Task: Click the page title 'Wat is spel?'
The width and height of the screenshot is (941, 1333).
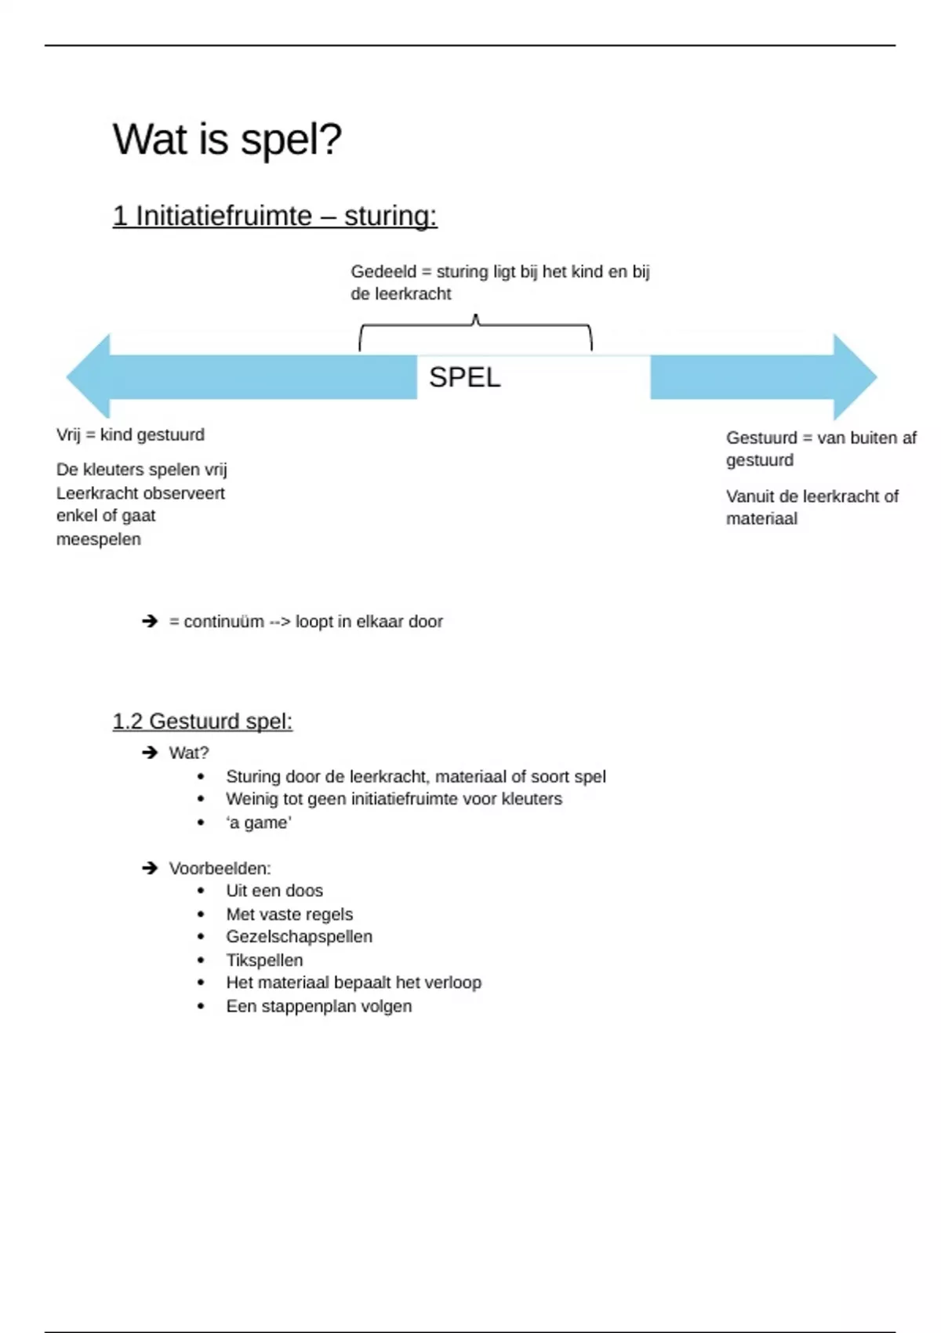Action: (x=227, y=140)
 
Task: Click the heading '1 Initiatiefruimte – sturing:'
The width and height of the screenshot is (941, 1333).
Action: (x=274, y=216)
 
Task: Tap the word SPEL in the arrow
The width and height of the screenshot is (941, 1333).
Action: (x=464, y=377)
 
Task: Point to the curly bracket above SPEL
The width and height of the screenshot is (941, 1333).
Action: (x=475, y=329)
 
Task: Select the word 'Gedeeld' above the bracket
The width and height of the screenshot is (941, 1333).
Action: (x=383, y=272)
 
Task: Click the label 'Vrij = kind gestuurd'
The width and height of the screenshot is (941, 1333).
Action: (x=130, y=435)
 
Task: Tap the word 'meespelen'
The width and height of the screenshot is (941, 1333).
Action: (x=99, y=539)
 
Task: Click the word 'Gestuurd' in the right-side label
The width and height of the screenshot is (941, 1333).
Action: (x=761, y=438)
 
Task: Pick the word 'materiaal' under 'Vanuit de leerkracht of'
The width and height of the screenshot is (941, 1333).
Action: (x=761, y=519)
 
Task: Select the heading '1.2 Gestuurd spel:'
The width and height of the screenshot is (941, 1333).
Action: (x=202, y=721)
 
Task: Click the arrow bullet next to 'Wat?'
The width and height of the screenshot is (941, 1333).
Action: (x=150, y=753)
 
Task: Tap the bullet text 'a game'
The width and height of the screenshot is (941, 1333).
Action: (x=259, y=823)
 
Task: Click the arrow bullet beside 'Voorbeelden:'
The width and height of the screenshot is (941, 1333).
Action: (x=150, y=868)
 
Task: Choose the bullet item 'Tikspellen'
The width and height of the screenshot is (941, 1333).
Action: (x=264, y=961)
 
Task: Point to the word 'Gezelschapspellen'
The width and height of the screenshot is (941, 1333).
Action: (x=299, y=937)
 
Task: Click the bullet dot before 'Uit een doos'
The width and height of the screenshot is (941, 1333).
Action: (x=202, y=892)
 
